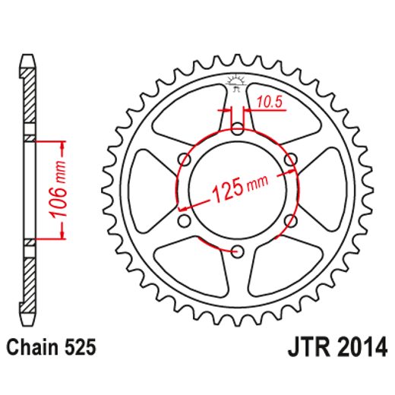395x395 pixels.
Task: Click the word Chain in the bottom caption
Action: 32,349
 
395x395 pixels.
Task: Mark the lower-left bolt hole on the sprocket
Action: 183,221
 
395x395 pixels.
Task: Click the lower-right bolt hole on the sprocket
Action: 291,221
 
